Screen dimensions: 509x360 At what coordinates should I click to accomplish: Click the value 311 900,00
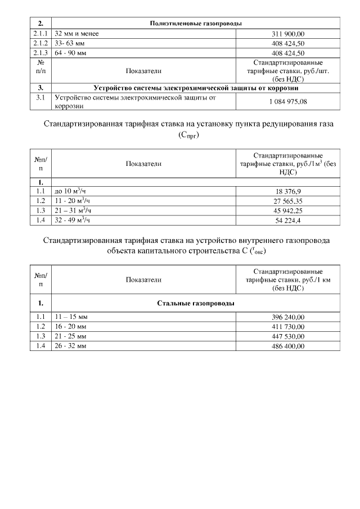click(288, 34)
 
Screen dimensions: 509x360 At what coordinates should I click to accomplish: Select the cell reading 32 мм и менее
click(76, 34)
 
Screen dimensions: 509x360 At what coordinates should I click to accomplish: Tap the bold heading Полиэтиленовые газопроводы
click(196, 24)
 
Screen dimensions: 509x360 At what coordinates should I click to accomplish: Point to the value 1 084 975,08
click(288, 101)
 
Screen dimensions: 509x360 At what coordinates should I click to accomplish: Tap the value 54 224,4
click(288, 220)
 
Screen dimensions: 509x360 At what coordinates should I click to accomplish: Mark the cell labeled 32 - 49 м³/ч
click(73, 220)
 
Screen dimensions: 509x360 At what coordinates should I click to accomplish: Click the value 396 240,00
click(288, 317)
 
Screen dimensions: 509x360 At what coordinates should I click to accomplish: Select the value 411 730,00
click(288, 327)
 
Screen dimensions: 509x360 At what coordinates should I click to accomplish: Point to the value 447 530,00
click(288, 336)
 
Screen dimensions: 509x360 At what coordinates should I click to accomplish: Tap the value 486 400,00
click(288, 346)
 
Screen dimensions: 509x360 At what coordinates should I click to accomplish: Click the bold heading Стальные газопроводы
click(196, 303)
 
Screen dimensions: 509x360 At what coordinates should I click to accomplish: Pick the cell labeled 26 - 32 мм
click(70, 346)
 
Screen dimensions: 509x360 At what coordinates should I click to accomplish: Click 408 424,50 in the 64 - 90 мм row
click(288, 53)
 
